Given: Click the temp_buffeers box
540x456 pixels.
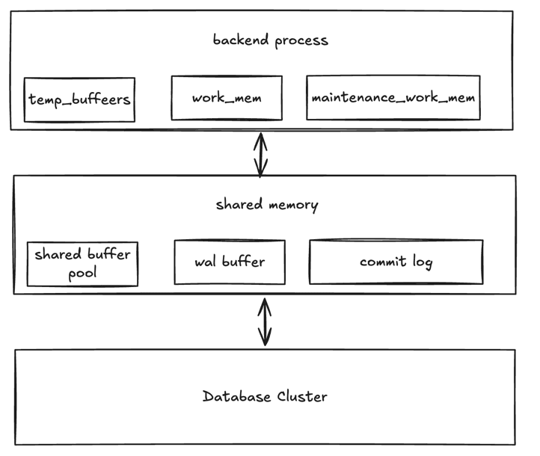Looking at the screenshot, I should tap(79, 99).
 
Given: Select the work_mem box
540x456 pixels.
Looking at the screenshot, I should tap(226, 97).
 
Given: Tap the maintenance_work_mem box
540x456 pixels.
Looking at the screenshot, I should tap(393, 97).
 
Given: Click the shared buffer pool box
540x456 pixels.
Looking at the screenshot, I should tap(82, 263).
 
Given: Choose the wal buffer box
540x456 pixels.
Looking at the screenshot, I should tap(229, 262).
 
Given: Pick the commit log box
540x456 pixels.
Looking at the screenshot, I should tap(396, 262).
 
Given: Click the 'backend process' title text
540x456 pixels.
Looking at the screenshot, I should tap(270, 40).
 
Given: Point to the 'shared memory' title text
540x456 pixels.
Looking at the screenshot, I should tap(266, 205).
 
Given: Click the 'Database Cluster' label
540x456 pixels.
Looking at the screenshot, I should tap(265, 396).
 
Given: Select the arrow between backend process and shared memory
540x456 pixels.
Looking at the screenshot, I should tap(260, 153).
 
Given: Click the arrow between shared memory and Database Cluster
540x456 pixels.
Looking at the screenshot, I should tap(264, 322).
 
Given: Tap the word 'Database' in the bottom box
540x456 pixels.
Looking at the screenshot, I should tap(236, 396).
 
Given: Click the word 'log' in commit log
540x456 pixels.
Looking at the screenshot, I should tap(422, 262).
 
